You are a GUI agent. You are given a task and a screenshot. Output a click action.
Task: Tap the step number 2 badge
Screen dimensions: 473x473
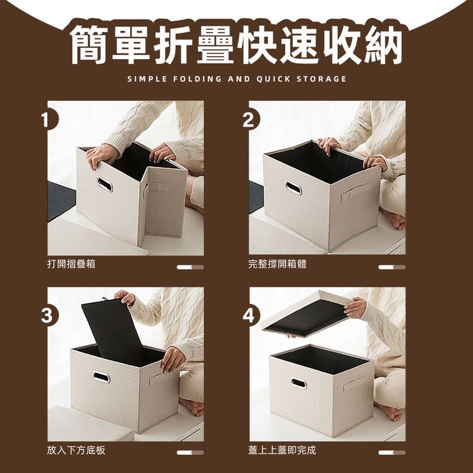coord(250,120)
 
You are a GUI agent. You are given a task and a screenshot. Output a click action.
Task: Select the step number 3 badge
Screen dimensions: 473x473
coord(48,315)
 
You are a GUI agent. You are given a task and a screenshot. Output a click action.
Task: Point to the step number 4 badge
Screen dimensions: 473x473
coord(250,316)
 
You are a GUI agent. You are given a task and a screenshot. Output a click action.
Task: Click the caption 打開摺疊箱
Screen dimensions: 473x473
coord(71,264)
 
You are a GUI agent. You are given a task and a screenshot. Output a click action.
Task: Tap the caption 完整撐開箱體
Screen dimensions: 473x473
coord(278,264)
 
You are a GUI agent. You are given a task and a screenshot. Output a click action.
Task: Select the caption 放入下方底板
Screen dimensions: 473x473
coord(76,450)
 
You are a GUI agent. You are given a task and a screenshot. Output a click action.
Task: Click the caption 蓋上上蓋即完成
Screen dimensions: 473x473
coord(282,450)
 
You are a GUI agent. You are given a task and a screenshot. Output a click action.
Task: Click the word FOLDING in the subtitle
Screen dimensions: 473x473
coord(198,79)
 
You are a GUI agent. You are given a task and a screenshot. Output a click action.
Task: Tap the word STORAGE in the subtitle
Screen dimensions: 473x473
coord(321,79)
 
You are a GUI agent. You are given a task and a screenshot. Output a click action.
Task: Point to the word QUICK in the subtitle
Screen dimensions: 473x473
coord(273,79)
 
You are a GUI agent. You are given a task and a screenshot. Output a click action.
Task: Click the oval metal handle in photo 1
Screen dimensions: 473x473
coord(104,184)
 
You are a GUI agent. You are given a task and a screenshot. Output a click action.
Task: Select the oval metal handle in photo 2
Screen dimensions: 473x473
coord(294,189)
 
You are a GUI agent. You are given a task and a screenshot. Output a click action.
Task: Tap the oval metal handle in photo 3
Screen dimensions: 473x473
coord(102,377)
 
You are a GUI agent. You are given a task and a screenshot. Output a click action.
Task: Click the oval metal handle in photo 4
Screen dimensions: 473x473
coord(298,383)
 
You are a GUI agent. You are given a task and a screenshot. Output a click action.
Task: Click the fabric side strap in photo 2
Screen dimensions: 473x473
coord(356,191)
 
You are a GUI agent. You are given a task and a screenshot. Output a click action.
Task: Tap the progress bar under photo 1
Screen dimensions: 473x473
coord(191,267)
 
